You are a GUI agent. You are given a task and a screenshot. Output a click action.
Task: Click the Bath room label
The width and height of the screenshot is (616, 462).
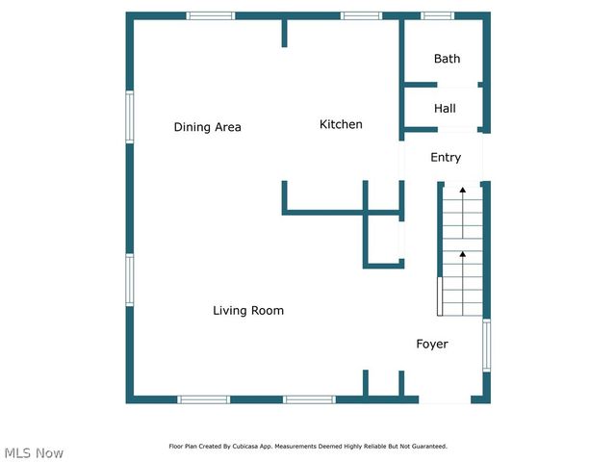coord(447,59)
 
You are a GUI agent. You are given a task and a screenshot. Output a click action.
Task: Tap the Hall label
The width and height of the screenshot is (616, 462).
coord(445,109)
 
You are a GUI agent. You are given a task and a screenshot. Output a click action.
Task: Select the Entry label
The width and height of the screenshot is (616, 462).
coord(446,157)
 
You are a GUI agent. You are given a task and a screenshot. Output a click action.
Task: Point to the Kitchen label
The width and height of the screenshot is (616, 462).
coord(341,124)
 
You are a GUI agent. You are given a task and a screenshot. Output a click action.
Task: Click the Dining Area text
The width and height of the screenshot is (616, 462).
coord(207,127)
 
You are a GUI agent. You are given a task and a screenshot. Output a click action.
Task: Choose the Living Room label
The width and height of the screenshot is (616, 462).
coord(248,310)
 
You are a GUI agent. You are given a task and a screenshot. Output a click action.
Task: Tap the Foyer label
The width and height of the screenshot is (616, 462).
coord(431,344)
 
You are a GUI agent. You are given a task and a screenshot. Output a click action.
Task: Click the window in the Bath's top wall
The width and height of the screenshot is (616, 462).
coord(438,15)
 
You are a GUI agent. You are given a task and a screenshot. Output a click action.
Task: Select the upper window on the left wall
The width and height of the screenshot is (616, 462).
coord(129,116)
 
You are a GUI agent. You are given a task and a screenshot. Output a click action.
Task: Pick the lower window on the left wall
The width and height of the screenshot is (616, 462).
coord(129,280)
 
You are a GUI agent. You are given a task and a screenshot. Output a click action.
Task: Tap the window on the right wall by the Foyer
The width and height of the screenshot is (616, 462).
coord(486,346)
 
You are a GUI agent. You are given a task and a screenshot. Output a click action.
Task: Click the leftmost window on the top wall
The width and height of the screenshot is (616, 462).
coord(210,15)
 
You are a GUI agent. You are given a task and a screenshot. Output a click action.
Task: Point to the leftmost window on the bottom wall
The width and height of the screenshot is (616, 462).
coord(204,399)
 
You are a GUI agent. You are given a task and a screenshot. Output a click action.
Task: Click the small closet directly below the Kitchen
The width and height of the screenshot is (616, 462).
coord(383,239)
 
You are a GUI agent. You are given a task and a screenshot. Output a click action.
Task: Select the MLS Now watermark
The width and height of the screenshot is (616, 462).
coord(34,453)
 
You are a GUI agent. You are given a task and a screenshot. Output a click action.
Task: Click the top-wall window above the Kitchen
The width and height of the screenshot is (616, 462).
coord(361,15)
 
